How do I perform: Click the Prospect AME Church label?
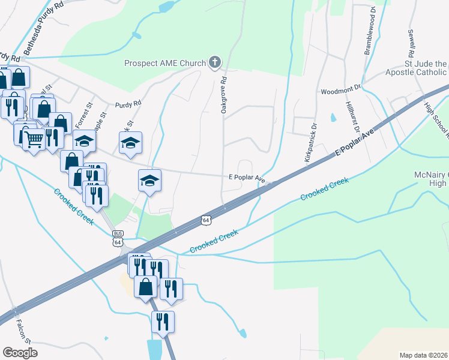(x=164, y=63)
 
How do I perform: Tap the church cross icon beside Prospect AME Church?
(x=214, y=62)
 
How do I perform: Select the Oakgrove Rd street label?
(x=223, y=95)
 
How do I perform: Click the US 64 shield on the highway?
(x=206, y=221)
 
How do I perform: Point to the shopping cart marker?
(x=35, y=140)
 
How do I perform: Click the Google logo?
(x=20, y=352)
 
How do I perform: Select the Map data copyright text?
(x=424, y=355)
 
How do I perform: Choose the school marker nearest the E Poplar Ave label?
(x=149, y=181)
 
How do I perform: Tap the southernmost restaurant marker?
(x=163, y=322)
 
